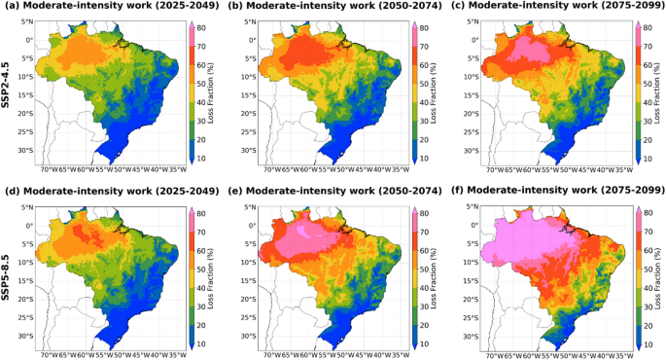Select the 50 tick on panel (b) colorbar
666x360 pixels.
coord(429,82)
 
